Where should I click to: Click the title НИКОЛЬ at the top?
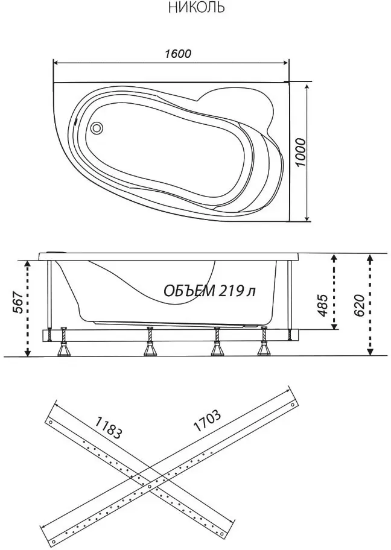[196, 7]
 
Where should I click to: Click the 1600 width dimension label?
[178, 53]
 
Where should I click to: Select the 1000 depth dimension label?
[301, 153]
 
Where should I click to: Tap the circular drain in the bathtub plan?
[96, 127]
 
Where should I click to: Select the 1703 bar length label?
[207, 420]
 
